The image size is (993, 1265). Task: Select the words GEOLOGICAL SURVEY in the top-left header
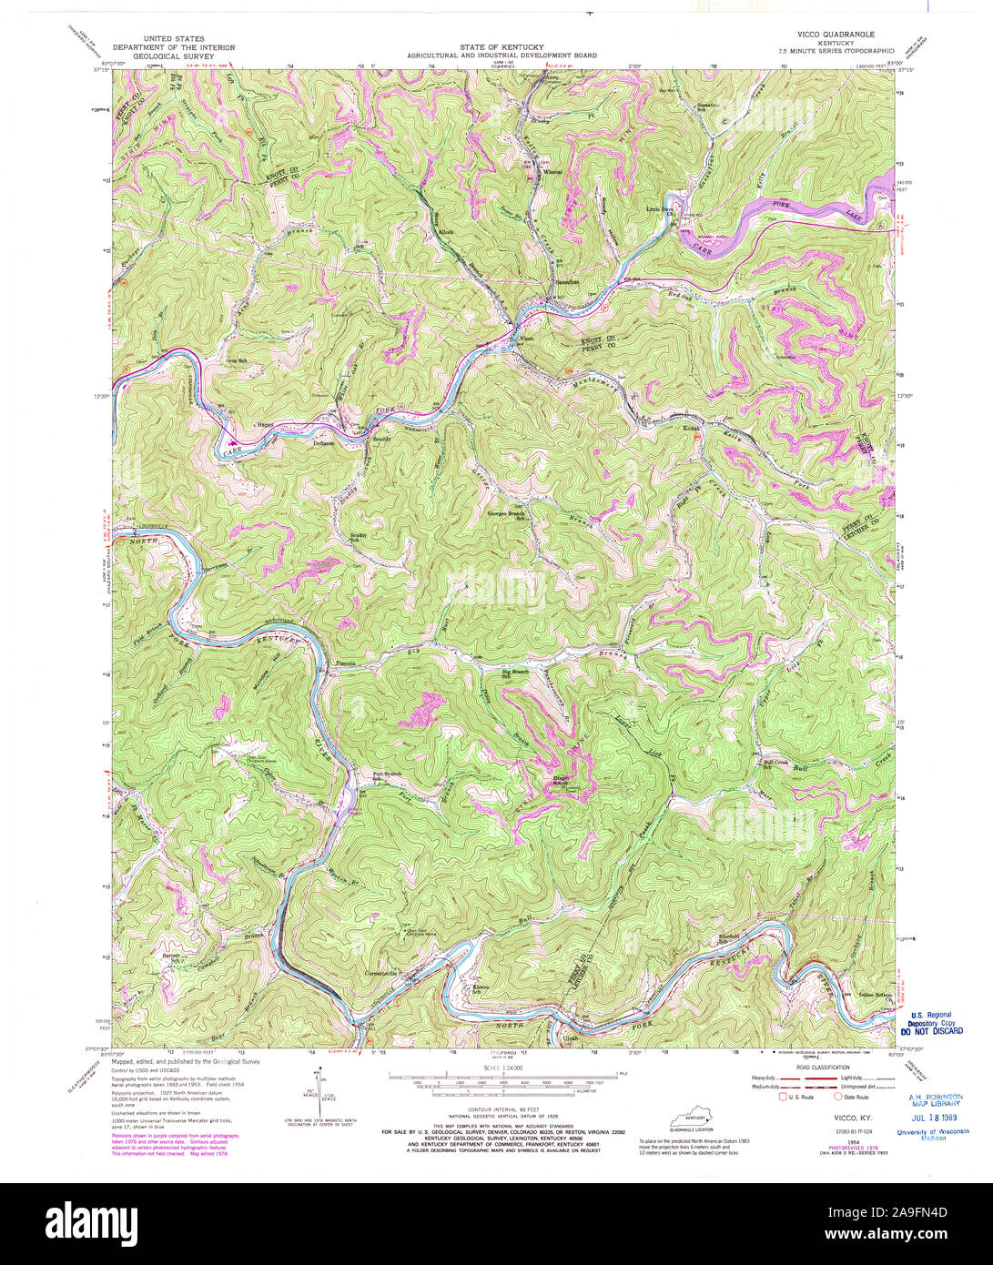click(173, 55)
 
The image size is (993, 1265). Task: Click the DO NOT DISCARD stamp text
click(930, 1032)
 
